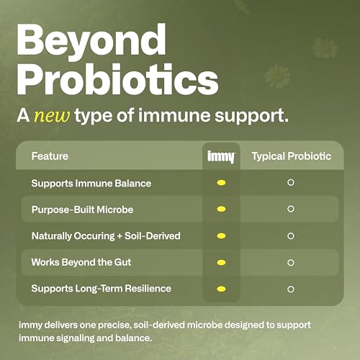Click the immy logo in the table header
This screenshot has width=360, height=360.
pyautogui.click(x=221, y=156)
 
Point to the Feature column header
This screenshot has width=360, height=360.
pyautogui.click(x=50, y=156)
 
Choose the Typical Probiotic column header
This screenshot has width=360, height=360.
pyautogui.click(x=291, y=156)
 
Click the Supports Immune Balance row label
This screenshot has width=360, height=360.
pyautogui.click(x=91, y=183)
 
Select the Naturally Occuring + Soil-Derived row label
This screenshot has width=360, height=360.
pyautogui.click(x=105, y=235)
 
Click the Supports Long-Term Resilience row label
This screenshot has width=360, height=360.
pyautogui.click(x=101, y=289)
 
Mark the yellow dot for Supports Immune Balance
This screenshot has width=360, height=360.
pyautogui.click(x=221, y=183)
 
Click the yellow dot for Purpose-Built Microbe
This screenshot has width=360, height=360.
pyautogui.click(x=221, y=209)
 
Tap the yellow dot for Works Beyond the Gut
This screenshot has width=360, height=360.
pyautogui.click(x=221, y=262)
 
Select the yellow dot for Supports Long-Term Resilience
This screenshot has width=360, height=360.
pyautogui.click(x=221, y=289)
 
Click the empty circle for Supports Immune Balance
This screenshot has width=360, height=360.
pyautogui.click(x=291, y=183)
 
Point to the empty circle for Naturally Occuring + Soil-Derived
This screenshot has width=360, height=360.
pyautogui.click(x=291, y=235)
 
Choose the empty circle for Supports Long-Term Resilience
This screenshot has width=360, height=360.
pyautogui.click(x=291, y=289)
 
